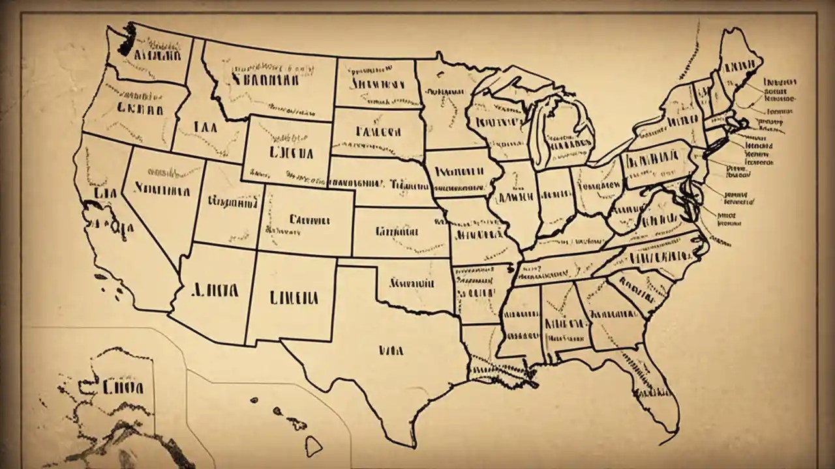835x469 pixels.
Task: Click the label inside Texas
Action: [x=391, y=350]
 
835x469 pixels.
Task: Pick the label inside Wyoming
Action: [x=290, y=152]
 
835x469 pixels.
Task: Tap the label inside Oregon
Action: [x=140, y=107]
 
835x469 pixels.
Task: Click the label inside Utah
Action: [x=229, y=203]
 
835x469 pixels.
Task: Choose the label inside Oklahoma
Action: [x=412, y=283]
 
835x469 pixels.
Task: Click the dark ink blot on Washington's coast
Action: [x=129, y=38]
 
